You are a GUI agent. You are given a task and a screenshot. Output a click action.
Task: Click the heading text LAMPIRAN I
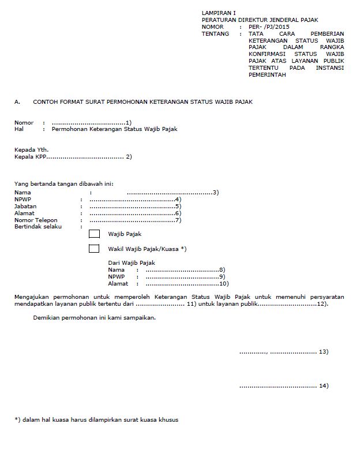pos(219,12)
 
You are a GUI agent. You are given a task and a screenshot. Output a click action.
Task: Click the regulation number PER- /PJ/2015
pos(269,27)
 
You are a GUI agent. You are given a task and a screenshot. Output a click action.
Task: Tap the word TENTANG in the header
pos(215,34)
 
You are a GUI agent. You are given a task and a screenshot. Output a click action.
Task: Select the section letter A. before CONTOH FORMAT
pos(17,102)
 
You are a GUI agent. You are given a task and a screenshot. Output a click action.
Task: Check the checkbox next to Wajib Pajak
pos(94,234)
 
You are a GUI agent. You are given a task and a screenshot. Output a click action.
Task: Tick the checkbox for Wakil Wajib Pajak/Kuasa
pos(94,249)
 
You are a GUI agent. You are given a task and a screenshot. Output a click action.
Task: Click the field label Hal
pos(18,129)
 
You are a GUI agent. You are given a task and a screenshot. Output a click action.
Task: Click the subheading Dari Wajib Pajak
pos(128,263)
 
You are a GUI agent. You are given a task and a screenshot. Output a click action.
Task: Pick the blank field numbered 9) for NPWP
pos(181,277)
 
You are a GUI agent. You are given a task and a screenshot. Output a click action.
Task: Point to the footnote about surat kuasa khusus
pos(96,419)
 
